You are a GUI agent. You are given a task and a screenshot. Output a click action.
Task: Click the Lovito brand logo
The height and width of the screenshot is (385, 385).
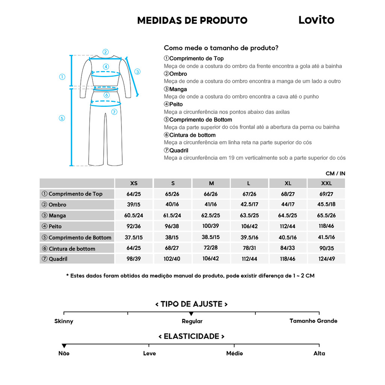tap(316, 20)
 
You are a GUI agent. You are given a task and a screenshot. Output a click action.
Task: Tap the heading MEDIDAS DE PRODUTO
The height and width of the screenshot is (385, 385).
tap(192, 20)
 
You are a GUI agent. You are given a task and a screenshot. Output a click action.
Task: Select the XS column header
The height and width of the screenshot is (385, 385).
tap(134, 183)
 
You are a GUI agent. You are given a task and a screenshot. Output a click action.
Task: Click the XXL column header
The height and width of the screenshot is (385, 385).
tap(326, 183)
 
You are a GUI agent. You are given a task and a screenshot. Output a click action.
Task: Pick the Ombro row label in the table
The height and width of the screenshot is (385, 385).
tap(57, 205)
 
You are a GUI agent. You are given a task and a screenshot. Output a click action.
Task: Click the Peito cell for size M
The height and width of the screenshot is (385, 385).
tap(211, 226)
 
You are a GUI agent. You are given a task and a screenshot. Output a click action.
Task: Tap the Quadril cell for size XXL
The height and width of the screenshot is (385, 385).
tap(326, 259)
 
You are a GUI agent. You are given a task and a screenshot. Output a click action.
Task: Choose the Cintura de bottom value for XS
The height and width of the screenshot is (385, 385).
tap(134, 248)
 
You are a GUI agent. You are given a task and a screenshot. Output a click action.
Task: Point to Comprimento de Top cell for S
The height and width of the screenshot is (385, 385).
tap(173, 194)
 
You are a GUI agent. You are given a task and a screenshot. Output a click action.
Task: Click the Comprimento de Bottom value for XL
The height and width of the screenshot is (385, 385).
tap(288, 237)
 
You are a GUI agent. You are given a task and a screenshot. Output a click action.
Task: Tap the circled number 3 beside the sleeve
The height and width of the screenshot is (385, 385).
tap(137, 71)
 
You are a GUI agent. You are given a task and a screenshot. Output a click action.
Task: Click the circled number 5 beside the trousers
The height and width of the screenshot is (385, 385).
tap(62, 118)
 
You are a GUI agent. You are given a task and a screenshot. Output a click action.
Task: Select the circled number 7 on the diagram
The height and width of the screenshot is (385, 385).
tap(114, 112)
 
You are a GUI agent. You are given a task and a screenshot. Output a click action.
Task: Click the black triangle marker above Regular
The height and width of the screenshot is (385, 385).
tap(191, 314)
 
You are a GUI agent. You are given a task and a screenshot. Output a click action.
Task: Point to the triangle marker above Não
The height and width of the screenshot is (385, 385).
tap(64, 346)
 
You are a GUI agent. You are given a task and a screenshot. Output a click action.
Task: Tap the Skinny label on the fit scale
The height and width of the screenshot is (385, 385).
tap(64, 321)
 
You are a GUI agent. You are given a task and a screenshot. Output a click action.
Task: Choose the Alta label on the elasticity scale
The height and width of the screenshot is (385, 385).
tap(319, 353)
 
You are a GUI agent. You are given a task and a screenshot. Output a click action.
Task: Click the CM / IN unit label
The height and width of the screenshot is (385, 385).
tap(335, 173)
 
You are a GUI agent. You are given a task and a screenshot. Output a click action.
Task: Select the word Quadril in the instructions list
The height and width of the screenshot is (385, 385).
tap(179, 150)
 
